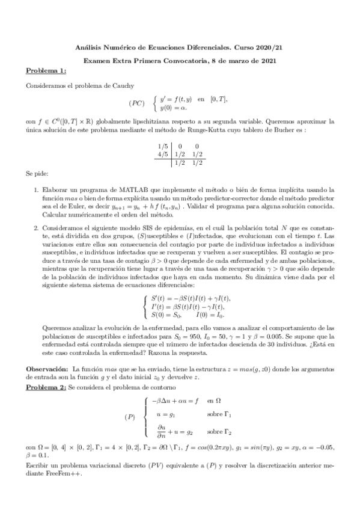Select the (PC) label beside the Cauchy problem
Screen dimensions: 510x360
click(136, 103)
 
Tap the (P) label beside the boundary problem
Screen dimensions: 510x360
click(129, 417)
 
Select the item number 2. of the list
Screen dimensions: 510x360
click(37, 228)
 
